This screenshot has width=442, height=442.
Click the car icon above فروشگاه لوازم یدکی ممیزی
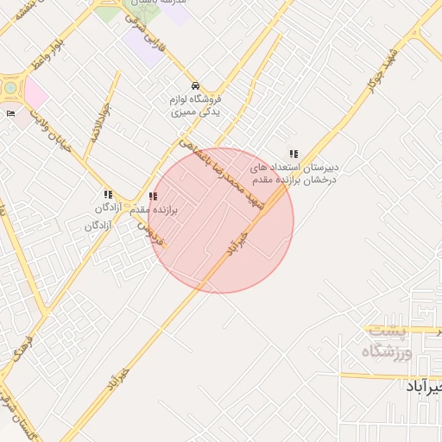pyautogui.click(x=196, y=85)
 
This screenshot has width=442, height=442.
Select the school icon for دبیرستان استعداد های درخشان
pyautogui.click(x=294, y=154)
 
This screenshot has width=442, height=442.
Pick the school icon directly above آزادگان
pyautogui.click(x=108, y=195)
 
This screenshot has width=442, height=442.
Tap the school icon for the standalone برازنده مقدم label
pyautogui.click(x=153, y=197)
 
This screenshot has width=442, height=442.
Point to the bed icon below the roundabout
pyautogui.click(x=10, y=113)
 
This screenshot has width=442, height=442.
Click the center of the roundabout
pyautogui.click(x=9, y=87)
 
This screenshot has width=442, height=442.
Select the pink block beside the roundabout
pyautogui.click(x=35, y=92)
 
